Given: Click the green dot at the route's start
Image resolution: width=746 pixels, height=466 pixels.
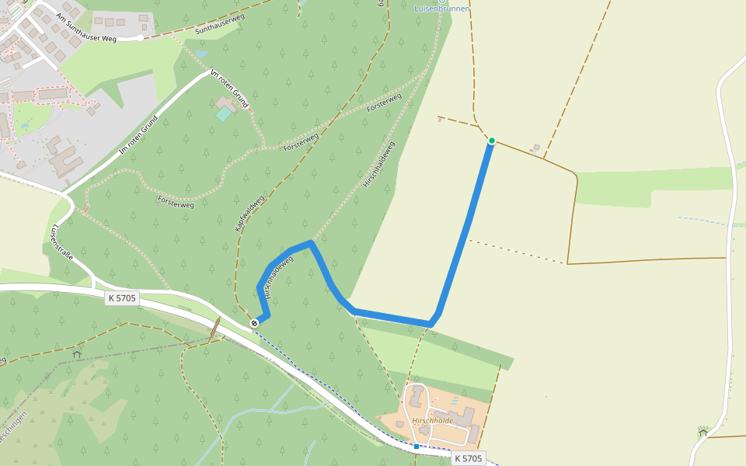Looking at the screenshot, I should [492, 141].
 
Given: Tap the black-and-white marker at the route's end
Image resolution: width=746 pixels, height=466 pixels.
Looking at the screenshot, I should [254, 322].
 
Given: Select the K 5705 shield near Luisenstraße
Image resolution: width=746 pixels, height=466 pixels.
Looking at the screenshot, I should [122, 297].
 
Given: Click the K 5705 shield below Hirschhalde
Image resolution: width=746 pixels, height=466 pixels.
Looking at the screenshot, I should [468, 458].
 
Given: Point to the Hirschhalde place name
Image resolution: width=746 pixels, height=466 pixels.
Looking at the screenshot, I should [433, 420].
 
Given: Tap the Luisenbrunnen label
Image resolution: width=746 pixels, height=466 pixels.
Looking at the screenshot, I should [442, 9].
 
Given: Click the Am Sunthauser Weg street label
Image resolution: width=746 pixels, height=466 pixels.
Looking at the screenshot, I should [85, 26].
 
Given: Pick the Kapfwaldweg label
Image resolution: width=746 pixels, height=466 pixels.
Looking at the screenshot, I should [249, 213].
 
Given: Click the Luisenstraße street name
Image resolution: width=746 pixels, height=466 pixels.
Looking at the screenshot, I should [61, 242].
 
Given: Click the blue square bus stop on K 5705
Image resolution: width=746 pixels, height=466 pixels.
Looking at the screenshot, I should [417, 447].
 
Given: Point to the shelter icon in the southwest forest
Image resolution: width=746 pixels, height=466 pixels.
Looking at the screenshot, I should [76, 354].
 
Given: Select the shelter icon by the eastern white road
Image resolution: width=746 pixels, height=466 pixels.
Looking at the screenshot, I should [703, 431].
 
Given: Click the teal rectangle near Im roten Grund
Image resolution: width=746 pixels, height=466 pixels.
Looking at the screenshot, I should [224, 114].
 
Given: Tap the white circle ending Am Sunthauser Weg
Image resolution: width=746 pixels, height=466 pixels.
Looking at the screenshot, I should [140, 37].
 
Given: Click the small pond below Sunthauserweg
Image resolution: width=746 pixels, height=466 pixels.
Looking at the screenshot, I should [202, 54].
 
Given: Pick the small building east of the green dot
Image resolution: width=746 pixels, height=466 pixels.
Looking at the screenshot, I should [535, 148].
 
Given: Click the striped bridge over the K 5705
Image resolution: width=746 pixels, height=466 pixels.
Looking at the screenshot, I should [214, 329].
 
